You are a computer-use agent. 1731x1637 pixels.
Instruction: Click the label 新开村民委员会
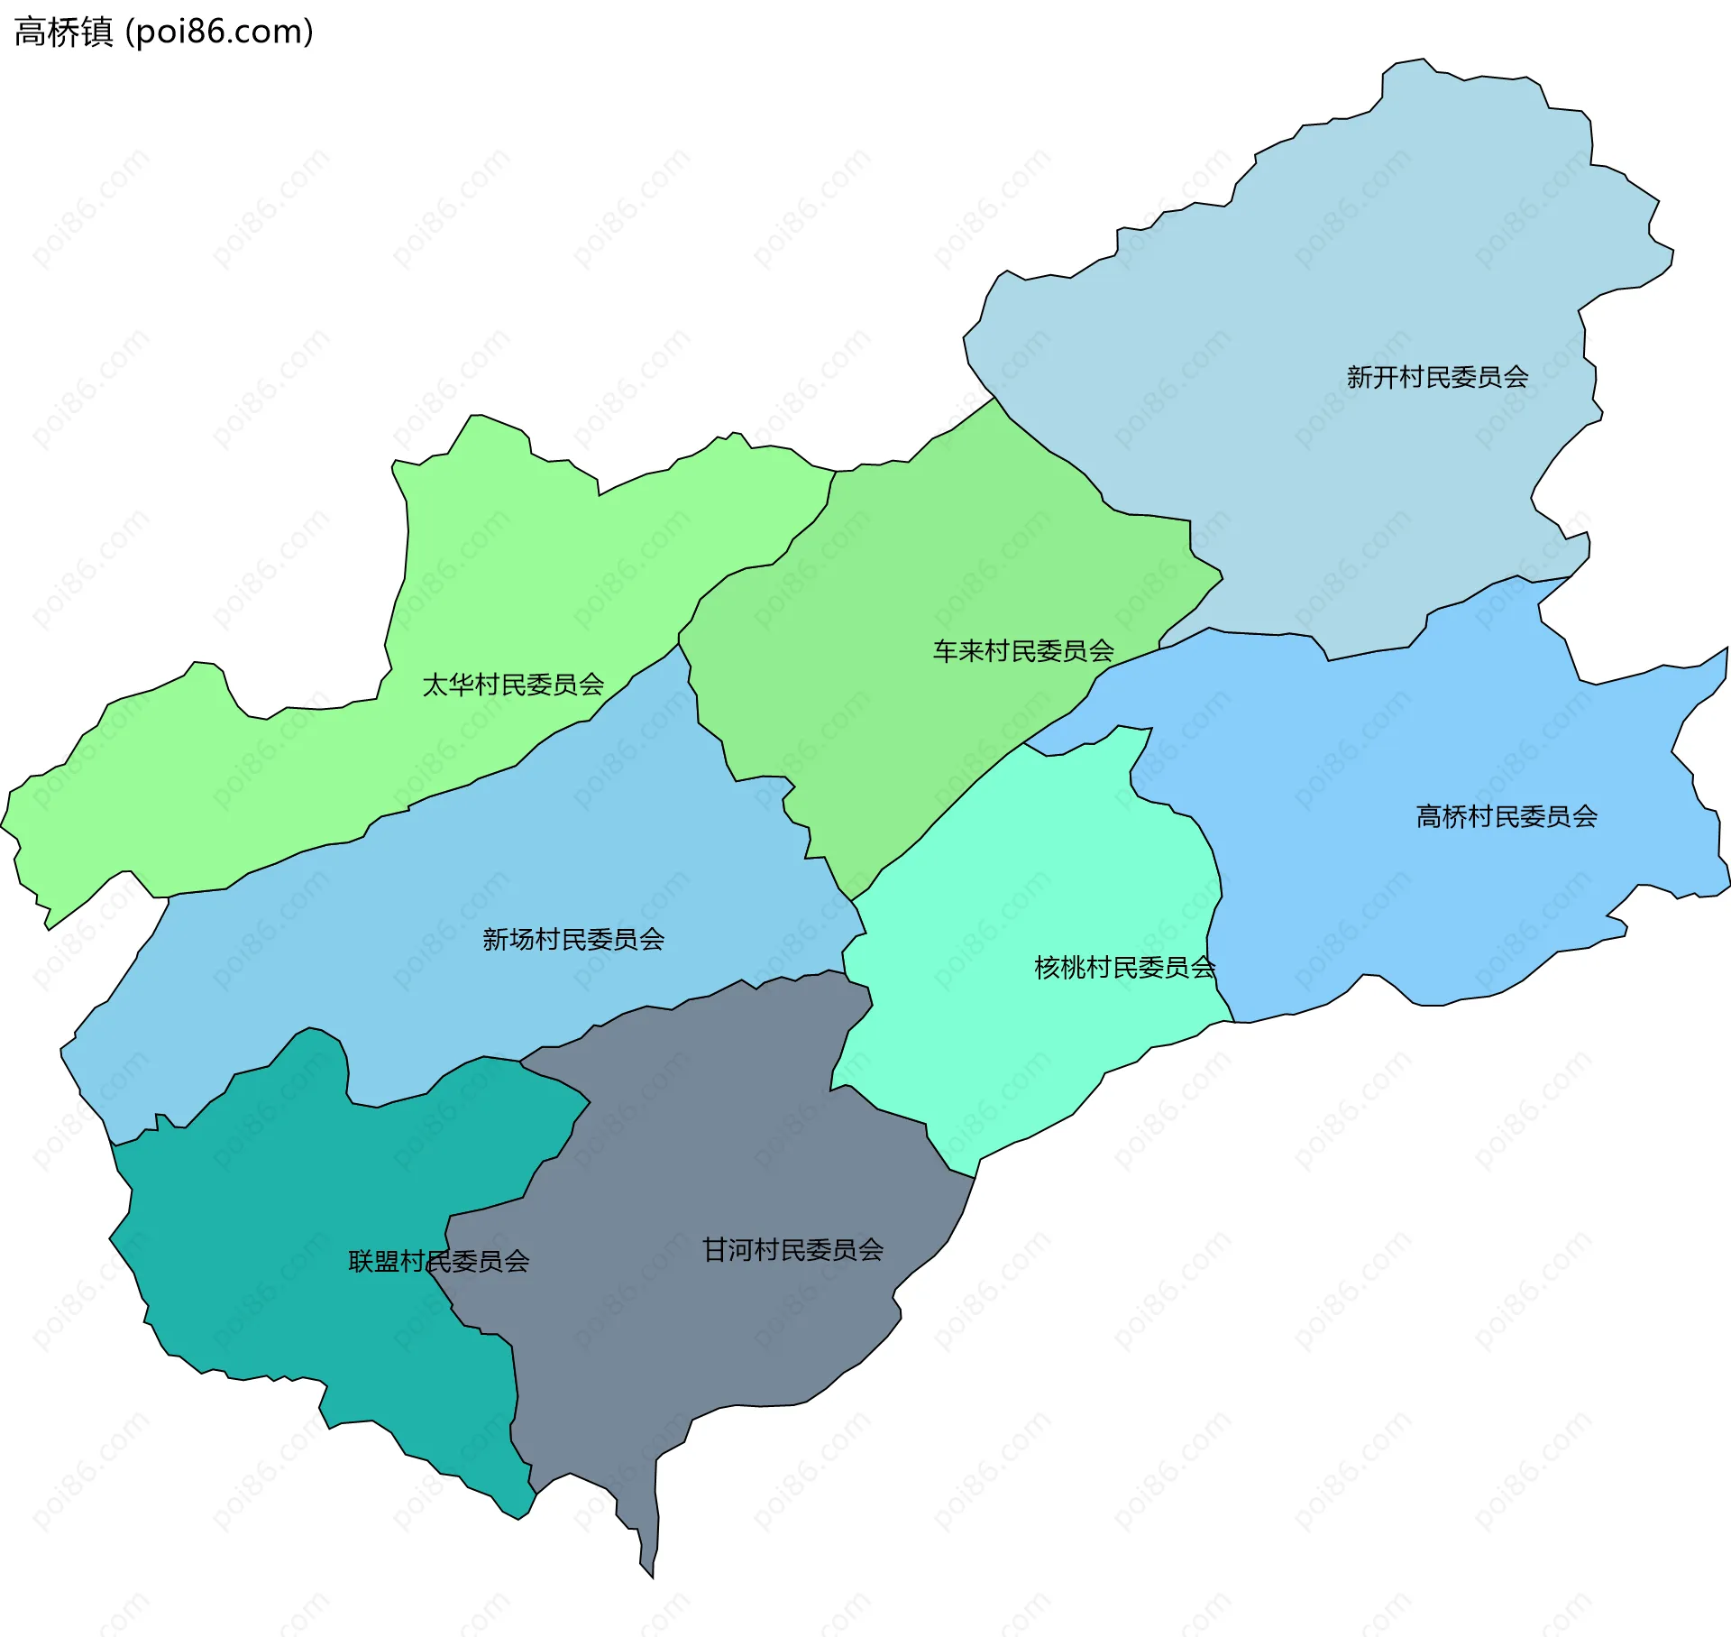tap(1437, 377)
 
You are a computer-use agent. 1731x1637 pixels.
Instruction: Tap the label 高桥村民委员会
tap(1507, 817)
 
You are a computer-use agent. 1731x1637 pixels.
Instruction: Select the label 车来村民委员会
tap(1023, 651)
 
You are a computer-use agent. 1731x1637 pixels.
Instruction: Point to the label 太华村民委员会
tap(513, 685)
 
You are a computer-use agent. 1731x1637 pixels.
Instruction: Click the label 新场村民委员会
tap(573, 940)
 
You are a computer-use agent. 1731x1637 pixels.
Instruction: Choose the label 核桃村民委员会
tap(1124, 968)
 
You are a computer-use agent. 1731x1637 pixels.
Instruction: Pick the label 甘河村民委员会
tap(792, 1250)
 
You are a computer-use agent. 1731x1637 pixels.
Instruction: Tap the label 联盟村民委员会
tap(439, 1262)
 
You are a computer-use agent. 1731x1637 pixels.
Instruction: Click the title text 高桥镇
tap(63, 32)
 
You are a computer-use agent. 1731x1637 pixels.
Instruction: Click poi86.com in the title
tap(219, 32)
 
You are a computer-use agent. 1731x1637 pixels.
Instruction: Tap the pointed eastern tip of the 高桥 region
tap(1726, 650)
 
